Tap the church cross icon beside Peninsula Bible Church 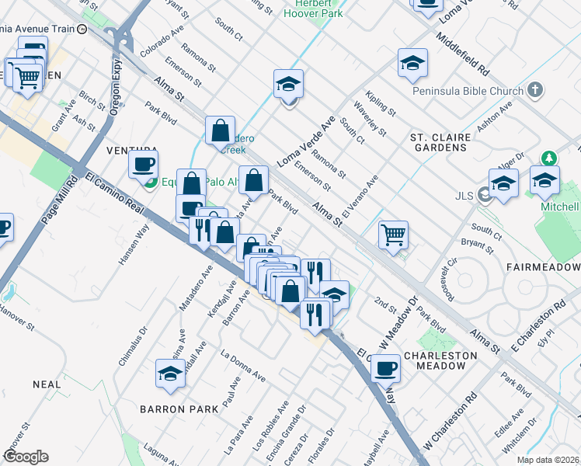534,90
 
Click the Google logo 26,457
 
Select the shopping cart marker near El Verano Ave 394,234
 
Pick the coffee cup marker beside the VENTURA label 144,165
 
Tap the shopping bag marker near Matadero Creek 221,130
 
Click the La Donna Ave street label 243,367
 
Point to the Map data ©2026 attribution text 548,460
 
